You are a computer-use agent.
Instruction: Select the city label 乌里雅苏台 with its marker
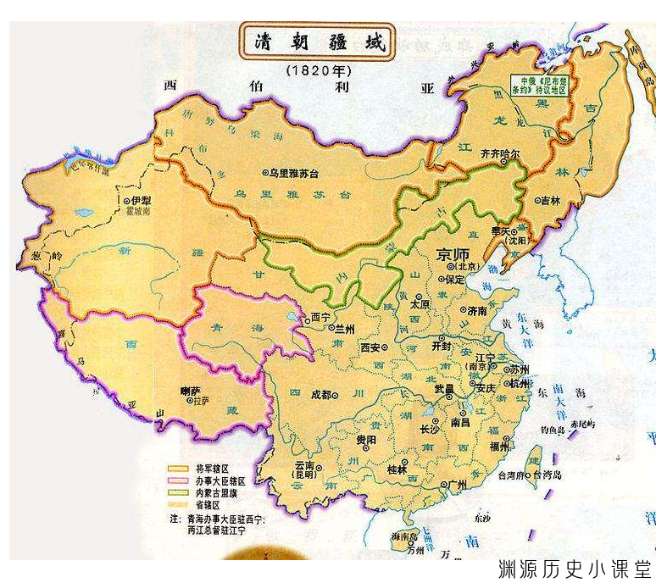292,172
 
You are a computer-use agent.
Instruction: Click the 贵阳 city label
364,441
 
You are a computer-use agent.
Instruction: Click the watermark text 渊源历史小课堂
575,567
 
